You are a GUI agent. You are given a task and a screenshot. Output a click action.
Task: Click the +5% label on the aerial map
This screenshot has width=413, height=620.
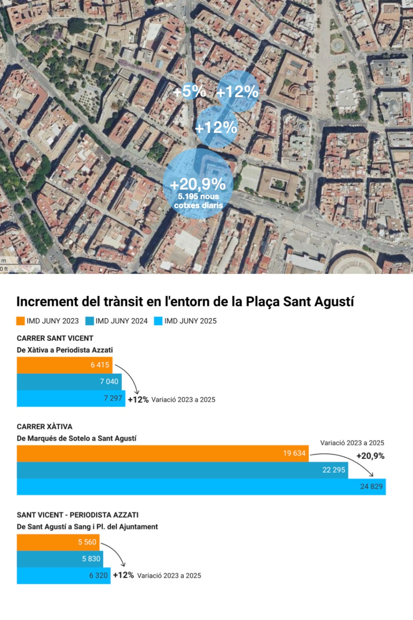[x=189, y=91]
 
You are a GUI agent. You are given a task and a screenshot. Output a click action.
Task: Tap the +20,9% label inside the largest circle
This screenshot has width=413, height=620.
[x=198, y=184]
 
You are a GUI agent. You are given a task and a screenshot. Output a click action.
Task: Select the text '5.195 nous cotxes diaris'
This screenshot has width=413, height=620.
[x=198, y=201]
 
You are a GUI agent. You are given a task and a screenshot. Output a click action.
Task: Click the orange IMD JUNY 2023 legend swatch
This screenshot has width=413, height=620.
[x=21, y=321]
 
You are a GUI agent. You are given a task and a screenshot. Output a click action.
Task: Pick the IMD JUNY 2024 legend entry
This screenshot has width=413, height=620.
[x=117, y=321]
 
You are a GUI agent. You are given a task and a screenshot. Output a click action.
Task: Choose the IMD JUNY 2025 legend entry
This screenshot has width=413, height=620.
[x=186, y=321]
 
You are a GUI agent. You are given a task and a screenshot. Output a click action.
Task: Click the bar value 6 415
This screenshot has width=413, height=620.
[x=100, y=365]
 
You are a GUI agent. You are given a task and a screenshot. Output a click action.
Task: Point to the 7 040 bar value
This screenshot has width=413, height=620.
[x=109, y=381]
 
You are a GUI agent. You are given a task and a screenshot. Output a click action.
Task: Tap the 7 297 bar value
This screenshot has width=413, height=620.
[x=113, y=398]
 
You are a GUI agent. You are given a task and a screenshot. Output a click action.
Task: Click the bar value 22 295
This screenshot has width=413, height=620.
[x=334, y=470]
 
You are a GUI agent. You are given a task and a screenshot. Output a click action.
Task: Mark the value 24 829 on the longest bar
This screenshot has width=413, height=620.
[x=371, y=486]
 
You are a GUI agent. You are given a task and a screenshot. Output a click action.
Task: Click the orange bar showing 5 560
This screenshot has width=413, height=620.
[x=58, y=542]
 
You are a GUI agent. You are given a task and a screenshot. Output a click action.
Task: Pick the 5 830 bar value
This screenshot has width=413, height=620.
[x=91, y=559]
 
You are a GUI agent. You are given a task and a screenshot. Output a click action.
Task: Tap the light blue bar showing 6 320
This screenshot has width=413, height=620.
[x=63, y=575]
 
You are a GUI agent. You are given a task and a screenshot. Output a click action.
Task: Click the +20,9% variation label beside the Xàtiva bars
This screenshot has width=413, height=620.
[x=370, y=456]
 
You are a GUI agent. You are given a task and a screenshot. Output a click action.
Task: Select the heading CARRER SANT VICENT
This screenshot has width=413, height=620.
[x=55, y=338]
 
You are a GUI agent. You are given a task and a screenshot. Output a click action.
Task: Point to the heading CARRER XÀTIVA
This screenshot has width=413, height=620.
[x=44, y=427]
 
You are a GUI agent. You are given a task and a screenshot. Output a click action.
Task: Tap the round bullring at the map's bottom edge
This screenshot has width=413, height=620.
[x=353, y=264]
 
